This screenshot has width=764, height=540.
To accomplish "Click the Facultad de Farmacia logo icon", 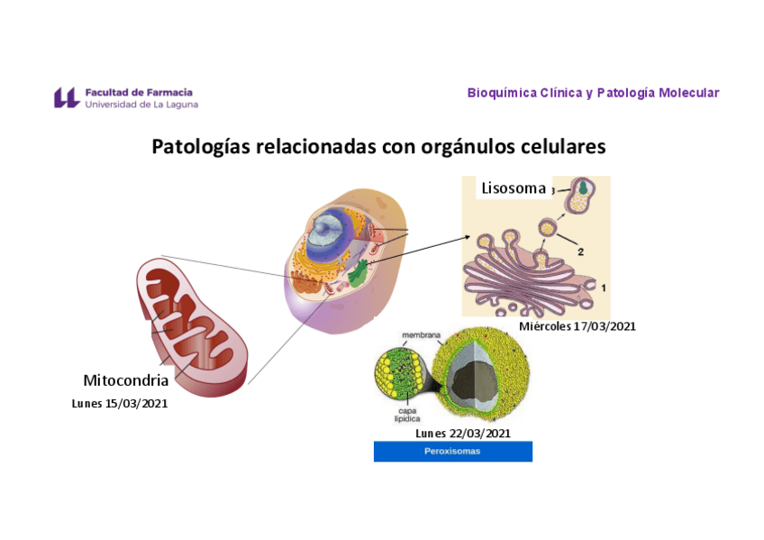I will [x=67, y=97].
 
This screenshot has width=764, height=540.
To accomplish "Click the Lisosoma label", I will [x=514, y=188].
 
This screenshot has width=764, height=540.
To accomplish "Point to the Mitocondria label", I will [x=125, y=380].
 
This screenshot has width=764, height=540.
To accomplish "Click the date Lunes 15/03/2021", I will [x=120, y=403].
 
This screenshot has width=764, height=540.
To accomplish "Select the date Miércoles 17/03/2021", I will [x=578, y=326].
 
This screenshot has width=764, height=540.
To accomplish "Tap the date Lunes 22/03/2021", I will [x=463, y=433].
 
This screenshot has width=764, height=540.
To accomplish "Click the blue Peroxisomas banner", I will [x=452, y=451].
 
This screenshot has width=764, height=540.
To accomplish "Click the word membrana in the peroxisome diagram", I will [x=421, y=335].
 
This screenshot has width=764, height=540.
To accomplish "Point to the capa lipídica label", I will [x=406, y=414].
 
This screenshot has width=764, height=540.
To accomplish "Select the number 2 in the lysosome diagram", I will [x=581, y=252].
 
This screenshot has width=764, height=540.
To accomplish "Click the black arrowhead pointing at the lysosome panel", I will [x=467, y=237].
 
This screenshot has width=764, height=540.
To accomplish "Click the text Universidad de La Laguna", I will [x=141, y=105].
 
